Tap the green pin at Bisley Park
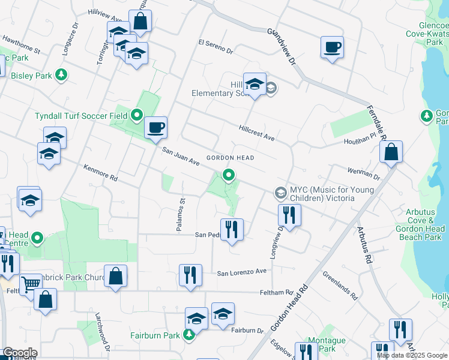61,74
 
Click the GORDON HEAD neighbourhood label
231,158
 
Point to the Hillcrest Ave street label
256,133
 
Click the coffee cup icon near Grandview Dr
332,47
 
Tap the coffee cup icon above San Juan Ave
155,127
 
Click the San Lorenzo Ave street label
241,272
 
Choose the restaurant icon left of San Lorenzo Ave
190,275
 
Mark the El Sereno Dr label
215,46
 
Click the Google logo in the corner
20,353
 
